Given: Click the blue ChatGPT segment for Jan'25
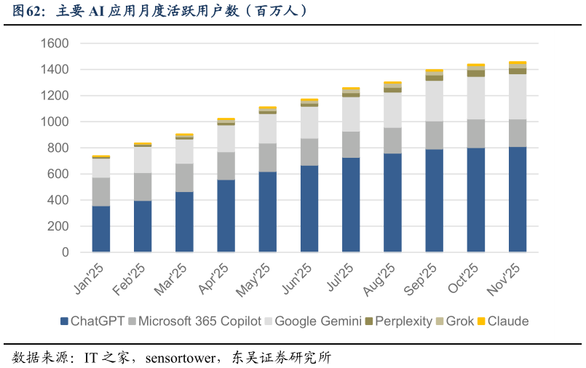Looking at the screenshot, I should tap(101, 229).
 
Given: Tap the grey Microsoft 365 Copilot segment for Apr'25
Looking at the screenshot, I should tap(226, 166).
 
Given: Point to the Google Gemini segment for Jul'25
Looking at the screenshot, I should tap(351, 114).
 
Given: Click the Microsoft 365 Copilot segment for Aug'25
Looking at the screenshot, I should tap(392, 140).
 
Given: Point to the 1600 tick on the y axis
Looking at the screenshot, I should tap(55, 44).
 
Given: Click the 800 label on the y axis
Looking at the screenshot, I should tap(59, 148).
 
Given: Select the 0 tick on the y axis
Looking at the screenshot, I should tap(66, 252).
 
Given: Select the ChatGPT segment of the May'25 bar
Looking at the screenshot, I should tap(267, 212).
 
